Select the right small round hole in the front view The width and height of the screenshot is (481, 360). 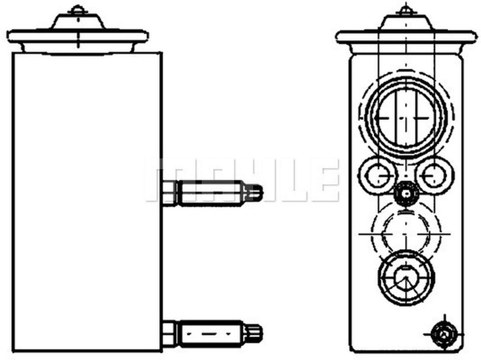[432, 175]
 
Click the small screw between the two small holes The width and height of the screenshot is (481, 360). [405, 194]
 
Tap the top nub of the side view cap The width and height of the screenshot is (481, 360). [77, 9]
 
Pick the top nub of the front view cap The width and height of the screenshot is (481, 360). [405, 9]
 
